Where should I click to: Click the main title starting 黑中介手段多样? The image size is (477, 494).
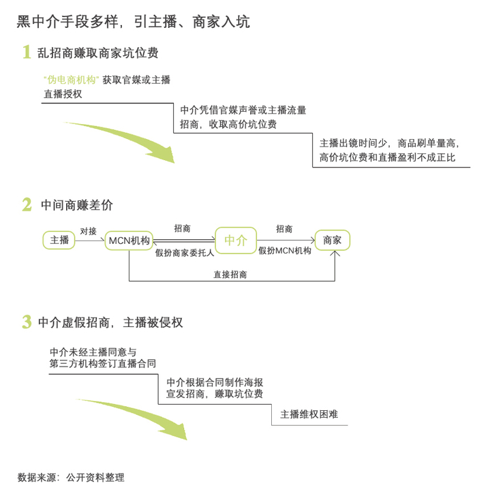pyautogui.click(x=133, y=22)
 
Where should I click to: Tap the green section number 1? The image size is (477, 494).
pyautogui.click(x=27, y=52)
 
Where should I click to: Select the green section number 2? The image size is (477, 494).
pyautogui.click(x=27, y=204)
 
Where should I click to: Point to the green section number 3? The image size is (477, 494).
pyautogui.click(x=27, y=322)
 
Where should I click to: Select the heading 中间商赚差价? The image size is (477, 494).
pyautogui.click(x=77, y=205)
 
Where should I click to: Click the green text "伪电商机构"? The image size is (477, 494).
pyautogui.click(x=71, y=80)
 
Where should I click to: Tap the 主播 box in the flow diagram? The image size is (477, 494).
pyautogui.click(x=60, y=240)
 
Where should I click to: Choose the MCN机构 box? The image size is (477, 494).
pyautogui.click(x=129, y=240)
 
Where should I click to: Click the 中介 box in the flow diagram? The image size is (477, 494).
pyautogui.click(x=236, y=240)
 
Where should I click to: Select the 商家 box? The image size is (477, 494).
pyautogui.click(x=333, y=240)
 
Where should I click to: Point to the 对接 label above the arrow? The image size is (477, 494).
pyautogui.click(x=88, y=231)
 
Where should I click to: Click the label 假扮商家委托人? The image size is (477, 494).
pyautogui.click(x=185, y=252)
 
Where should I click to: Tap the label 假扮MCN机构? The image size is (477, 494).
pyautogui.click(x=285, y=251)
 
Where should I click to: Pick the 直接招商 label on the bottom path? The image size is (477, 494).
pyautogui.click(x=230, y=274)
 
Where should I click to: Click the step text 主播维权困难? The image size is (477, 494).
pyautogui.click(x=309, y=414)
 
